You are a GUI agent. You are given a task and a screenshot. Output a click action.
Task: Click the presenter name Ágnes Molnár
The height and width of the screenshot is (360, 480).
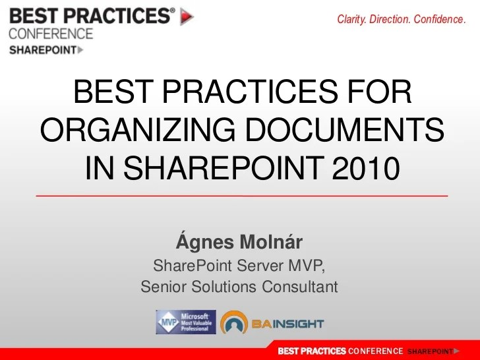[239, 243]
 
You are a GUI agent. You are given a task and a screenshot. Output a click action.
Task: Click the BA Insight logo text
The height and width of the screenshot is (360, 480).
[287, 324]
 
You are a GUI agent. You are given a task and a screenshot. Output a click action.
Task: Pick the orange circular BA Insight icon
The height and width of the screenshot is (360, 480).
[234, 323]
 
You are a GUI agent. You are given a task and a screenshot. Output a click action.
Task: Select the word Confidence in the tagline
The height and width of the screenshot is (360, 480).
[439, 20]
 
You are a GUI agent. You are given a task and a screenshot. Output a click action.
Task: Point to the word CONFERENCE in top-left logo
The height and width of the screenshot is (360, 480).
[51, 34]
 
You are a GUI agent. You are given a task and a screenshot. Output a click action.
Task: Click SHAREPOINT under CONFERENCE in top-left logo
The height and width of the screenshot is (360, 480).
[42, 49]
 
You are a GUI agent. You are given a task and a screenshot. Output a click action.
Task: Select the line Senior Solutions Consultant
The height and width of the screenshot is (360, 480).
[239, 287]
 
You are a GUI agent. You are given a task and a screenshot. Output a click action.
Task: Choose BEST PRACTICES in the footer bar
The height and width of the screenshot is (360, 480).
[311, 351]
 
